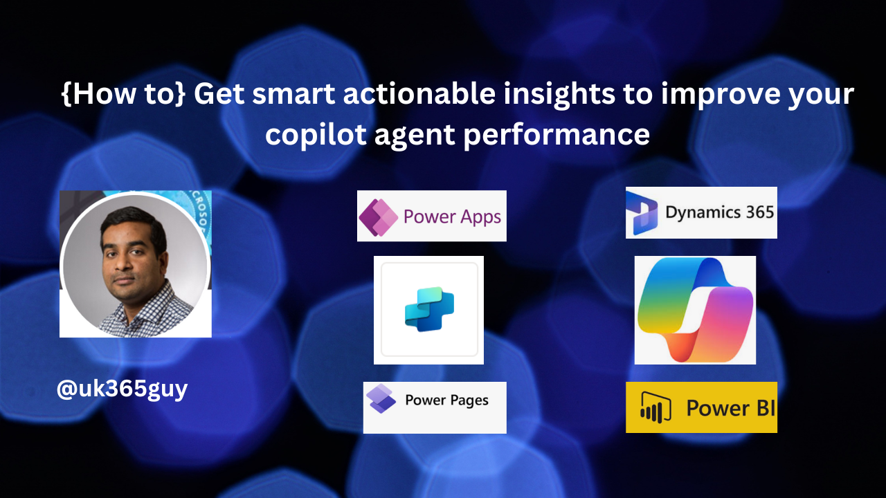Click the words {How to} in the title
pyautogui.click(x=123, y=94)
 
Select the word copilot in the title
pyautogui.click(x=316, y=134)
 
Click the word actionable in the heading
pyautogui.click(x=419, y=93)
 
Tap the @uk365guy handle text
pyautogui.click(x=123, y=389)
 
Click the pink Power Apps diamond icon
pyautogui.click(x=379, y=217)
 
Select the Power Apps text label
pyautogui.click(x=452, y=217)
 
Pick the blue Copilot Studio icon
pyautogui.click(x=429, y=309)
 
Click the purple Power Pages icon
pyautogui.click(x=381, y=398)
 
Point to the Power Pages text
pyautogui.click(x=447, y=400)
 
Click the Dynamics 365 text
pyautogui.click(x=719, y=213)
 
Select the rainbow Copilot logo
pyautogui.click(x=696, y=310)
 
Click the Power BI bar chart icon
pyautogui.click(x=656, y=408)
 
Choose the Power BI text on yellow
pyautogui.click(x=730, y=408)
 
